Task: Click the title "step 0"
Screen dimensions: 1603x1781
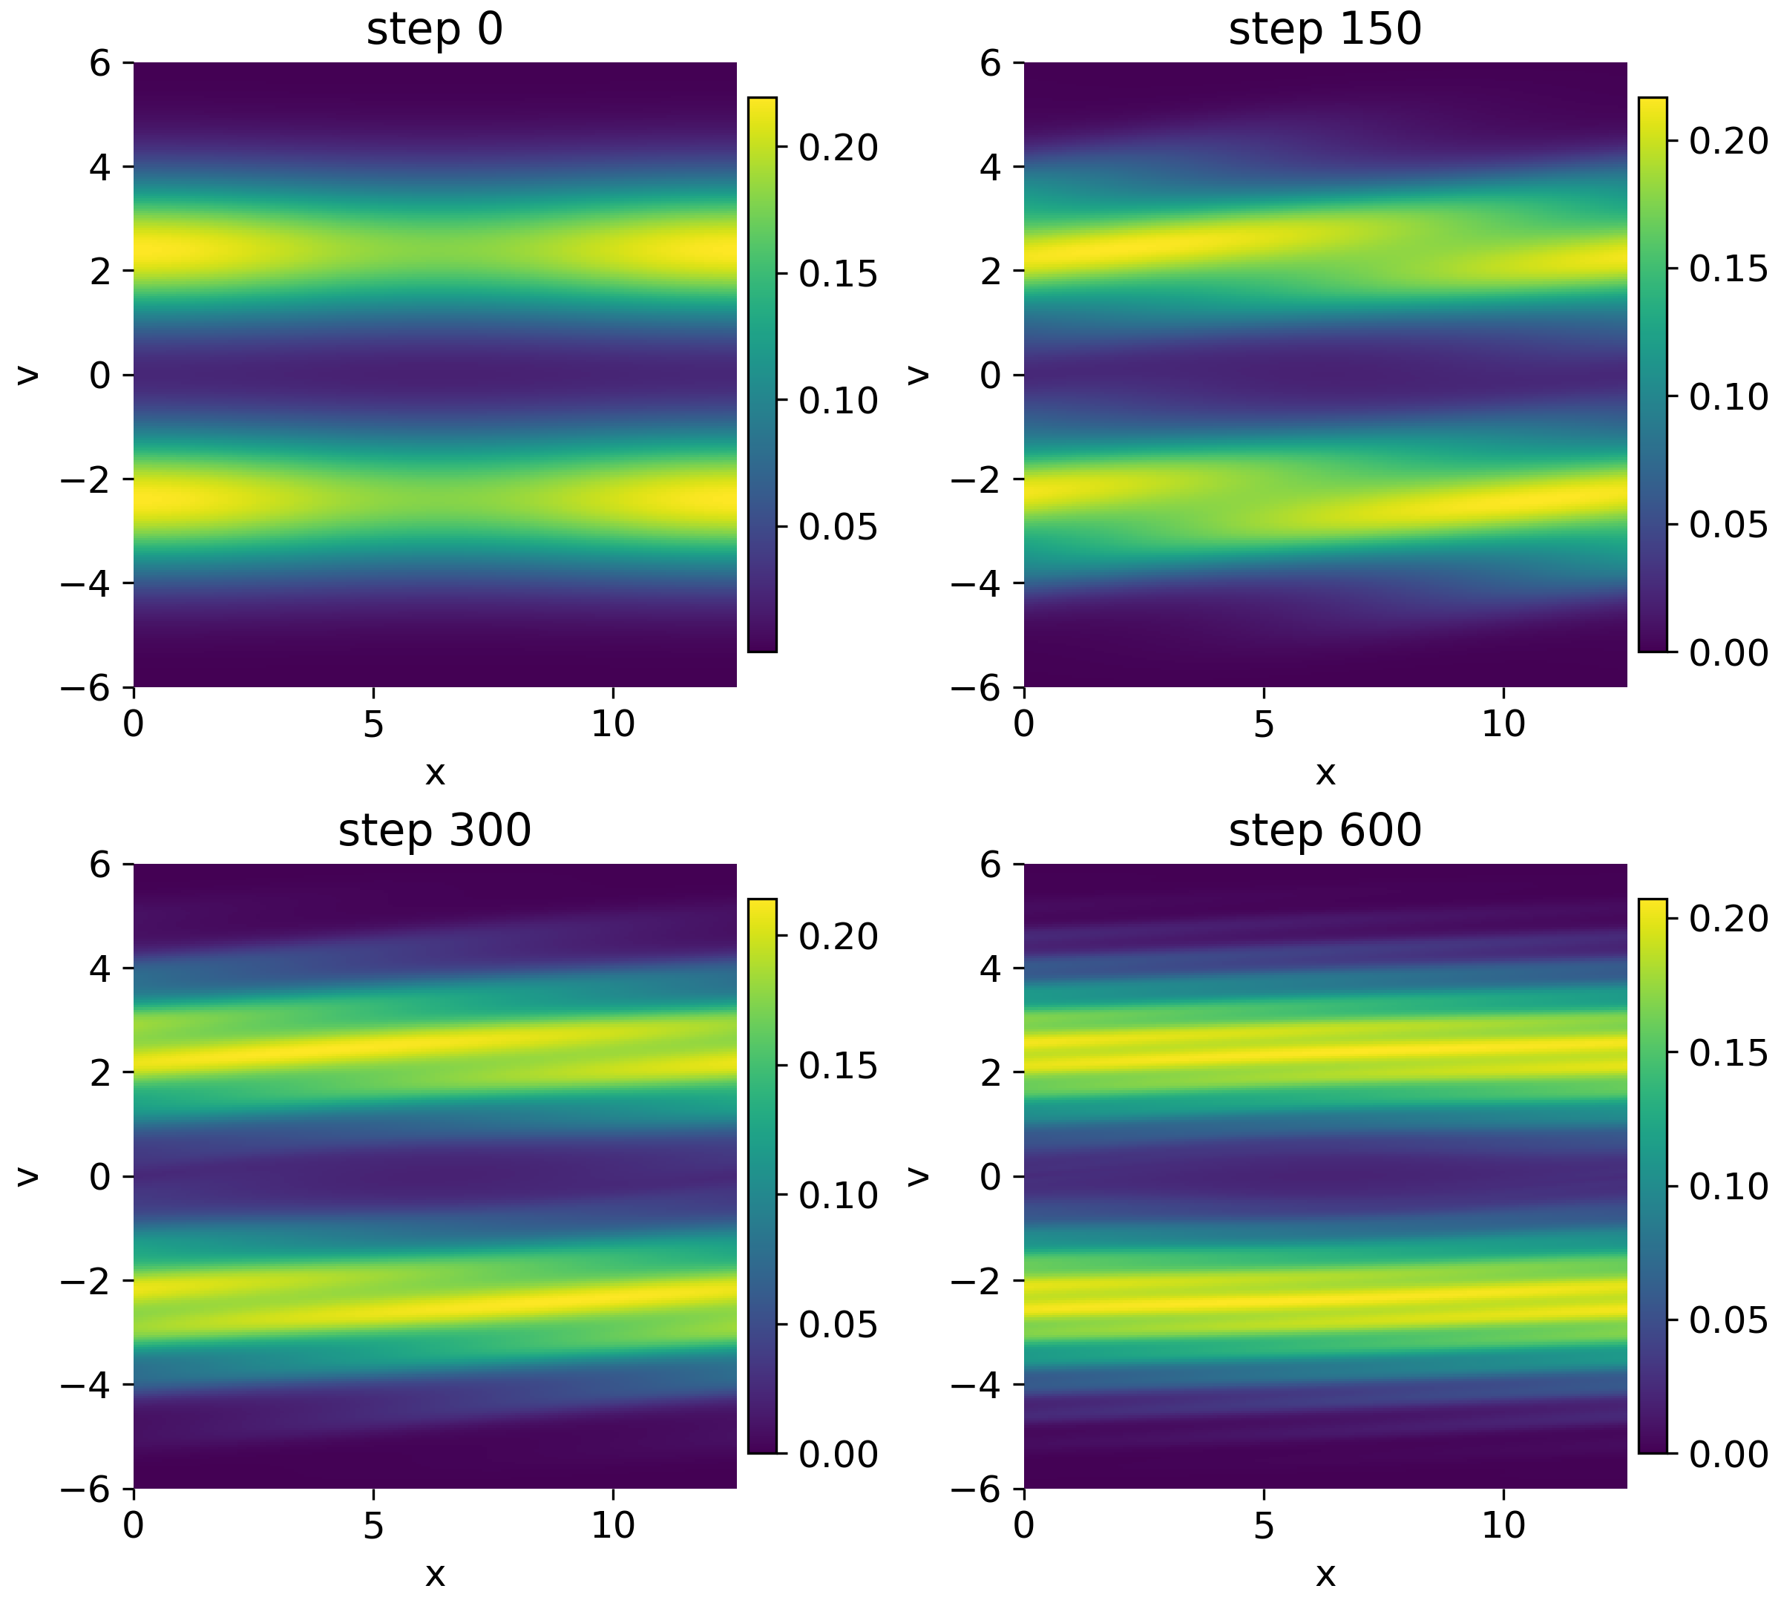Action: pos(434,29)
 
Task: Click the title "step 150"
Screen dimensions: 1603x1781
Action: pos(1325,29)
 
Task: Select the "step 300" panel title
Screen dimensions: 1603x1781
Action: pos(434,830)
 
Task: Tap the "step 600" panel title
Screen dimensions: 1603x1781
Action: pos(1325,830)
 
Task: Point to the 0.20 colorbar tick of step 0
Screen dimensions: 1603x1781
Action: pos(838,147)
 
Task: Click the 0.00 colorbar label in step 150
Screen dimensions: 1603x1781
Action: pos(1728,652)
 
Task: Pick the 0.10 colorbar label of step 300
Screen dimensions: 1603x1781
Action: pos(838,1196)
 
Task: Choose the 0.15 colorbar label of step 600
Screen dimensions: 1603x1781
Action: pos(1728,1053)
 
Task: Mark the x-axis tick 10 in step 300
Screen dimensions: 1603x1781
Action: pos(612,1526)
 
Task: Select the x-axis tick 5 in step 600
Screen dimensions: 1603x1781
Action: pos(1263,1526)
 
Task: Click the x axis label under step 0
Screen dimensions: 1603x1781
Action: pos(434,773)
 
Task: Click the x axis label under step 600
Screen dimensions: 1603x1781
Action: pos(1325,1575)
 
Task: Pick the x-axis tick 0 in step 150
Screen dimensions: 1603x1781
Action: pos(1023,725)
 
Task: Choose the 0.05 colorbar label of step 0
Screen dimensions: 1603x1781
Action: pos(838,527)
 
